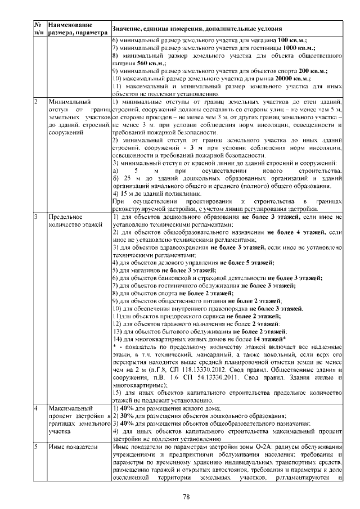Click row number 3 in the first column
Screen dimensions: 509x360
(x=36, y=217)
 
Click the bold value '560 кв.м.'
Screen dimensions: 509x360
(x=143, y=64)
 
